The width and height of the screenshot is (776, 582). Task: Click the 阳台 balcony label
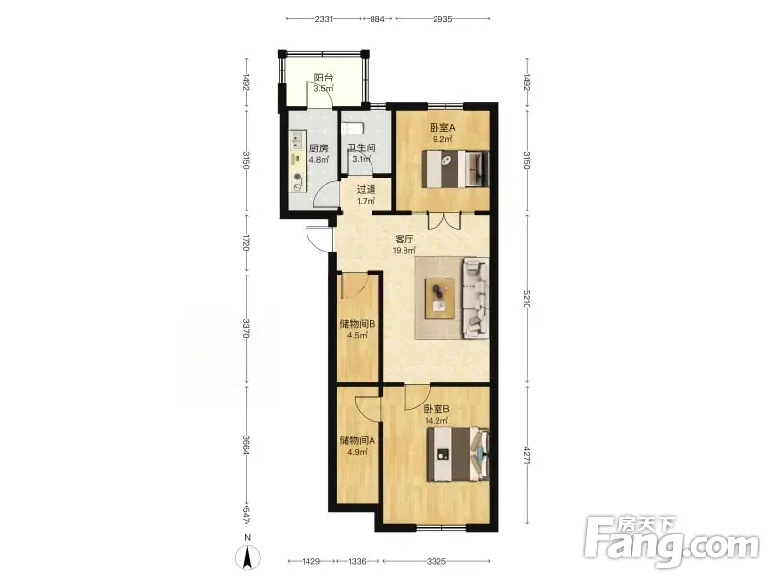pyautogui.click(x=323, y=78)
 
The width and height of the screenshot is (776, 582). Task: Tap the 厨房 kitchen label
pyautogui.click(x=319, y=148)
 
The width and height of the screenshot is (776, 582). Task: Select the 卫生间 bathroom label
pyautogui.click(x=361, y=148)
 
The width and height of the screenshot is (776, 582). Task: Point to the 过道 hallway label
pyautogui.click(x=366, y=189)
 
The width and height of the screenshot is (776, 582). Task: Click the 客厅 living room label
pyautogui.click(x=404, y=239)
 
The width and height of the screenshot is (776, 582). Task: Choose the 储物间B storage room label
pyautogui.click(x=357, y=324)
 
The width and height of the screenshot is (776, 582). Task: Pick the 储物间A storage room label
pyautogui.click(x=357, y=440)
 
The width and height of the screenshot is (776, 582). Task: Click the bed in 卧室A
pyautogui.click(x=455, y=169)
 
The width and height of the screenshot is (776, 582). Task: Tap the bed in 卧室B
pyautogui.click(x=458, y=454)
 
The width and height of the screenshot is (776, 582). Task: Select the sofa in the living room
pyautogui.click(x=475, y=299)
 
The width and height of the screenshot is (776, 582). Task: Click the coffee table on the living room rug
pyautogui.click(x=439, y=298)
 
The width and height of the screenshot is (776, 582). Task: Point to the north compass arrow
pyautogui.click(x=248, y=557)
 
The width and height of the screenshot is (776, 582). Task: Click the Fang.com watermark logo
pyautogui.click(x=671, y=542)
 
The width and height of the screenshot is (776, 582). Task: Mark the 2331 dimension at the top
pyautogui.click(x=323, y=19)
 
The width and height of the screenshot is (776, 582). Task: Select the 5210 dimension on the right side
pyautogui.click(x=526, y=299)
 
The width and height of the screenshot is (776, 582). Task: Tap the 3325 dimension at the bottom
pyautogui.click(x=436, y=561)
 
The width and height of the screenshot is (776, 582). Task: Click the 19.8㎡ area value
pyautogui.click(x=404, y=250)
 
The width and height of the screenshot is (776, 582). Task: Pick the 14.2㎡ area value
pyautogui.click(x=436, y=421)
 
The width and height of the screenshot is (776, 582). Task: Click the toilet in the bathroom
pyautogui.click(x=353, y=128)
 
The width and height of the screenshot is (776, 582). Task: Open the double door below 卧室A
pyautogui.click(x=444, y=221)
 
